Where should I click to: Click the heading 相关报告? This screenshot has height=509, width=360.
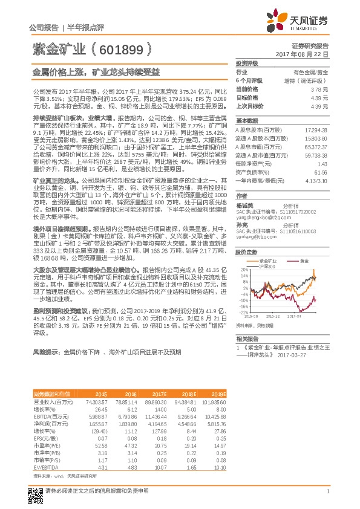[x=247, y=339]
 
